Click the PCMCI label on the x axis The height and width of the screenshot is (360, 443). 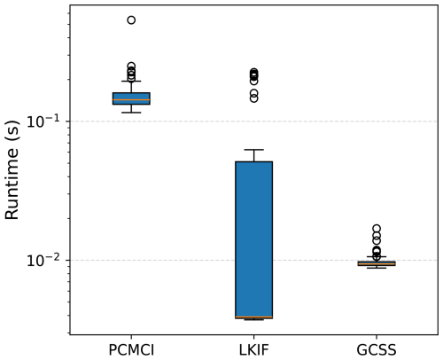131,350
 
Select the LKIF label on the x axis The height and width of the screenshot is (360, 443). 254,350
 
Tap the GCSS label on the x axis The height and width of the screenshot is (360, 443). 377,350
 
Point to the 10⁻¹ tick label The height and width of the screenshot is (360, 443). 46,121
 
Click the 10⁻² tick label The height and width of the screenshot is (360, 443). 46,260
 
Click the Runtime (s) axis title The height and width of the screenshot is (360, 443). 12,170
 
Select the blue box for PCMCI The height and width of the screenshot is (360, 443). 131,98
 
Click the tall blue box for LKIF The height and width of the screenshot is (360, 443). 254,240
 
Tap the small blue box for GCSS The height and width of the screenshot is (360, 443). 377,263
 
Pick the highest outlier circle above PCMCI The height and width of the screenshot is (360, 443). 131,20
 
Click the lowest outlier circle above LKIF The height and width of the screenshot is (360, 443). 254,98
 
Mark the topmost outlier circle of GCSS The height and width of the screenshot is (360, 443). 377,228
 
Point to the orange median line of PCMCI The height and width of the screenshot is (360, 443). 131,100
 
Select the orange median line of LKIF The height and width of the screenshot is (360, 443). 254,317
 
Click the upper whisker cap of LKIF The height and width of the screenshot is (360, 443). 254,150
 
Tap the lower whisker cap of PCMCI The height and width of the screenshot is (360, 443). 131,113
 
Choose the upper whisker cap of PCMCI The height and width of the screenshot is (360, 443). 131,81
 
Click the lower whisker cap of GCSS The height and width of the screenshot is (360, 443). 377,268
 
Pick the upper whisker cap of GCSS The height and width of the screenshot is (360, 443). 377,256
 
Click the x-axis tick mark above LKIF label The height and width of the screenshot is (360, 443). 254,337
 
